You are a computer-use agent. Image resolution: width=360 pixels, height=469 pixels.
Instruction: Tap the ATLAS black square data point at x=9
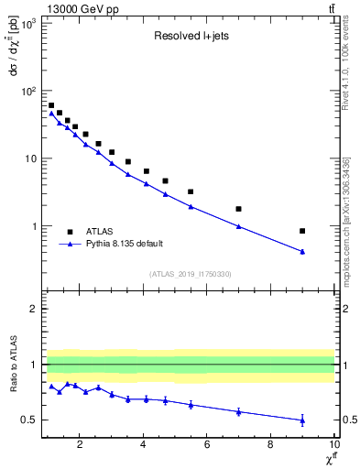point(302,231)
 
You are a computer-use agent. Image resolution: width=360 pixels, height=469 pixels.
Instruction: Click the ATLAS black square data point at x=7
point(238,209)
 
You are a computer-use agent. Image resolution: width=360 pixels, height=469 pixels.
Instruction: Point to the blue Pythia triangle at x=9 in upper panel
point(302,251)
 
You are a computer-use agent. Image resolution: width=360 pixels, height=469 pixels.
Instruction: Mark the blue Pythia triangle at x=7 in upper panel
point(238,226)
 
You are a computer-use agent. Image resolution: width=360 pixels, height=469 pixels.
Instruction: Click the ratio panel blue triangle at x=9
point(302,420)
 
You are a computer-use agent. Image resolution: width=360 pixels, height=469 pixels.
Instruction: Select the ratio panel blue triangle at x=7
point(238,411)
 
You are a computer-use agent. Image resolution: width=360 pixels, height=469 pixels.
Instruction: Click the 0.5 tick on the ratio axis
point(29,420)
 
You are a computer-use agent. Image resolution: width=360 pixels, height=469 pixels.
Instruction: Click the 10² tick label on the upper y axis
point(27,91)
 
